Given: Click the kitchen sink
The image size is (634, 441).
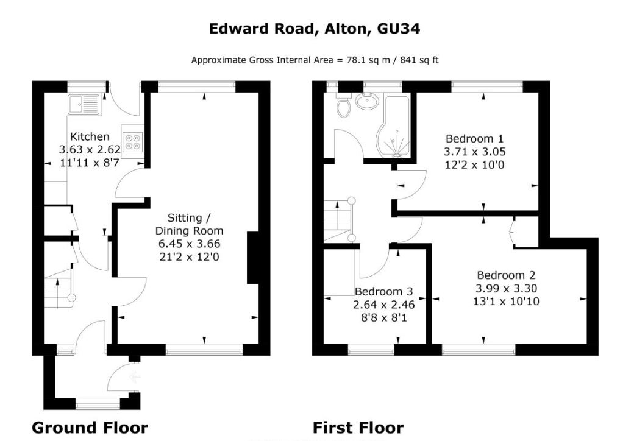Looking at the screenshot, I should coord(85,105).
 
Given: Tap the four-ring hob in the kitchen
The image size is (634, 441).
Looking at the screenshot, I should coord(132,142).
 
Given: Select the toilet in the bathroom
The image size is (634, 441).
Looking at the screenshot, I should coord(343,107).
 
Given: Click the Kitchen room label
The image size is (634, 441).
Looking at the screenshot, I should coord(90,136).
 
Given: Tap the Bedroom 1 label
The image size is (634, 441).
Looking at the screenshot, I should coord(475,138).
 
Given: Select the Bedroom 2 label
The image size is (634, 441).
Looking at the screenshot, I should coord(507,275).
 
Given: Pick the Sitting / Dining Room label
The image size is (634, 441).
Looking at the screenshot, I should coord(189,224).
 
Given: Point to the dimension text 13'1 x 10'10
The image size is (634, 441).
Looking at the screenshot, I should coord(507,301).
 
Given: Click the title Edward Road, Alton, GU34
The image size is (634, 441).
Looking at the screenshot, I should coord(315,29).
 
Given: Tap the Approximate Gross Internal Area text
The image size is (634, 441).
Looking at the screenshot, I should coord(315,60).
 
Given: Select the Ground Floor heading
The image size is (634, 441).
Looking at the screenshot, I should coord(90,427).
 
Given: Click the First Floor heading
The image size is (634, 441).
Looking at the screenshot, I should coord(358,427).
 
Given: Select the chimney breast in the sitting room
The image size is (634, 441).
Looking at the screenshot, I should coord(252,258).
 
